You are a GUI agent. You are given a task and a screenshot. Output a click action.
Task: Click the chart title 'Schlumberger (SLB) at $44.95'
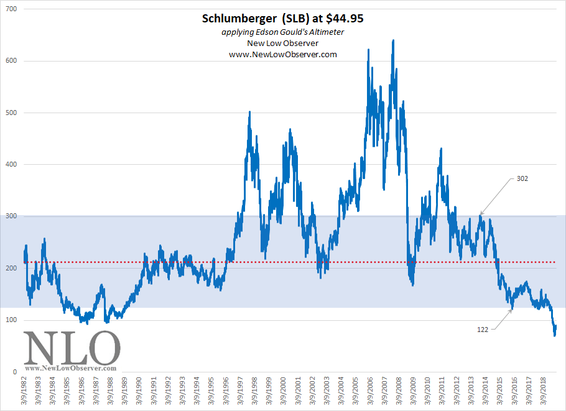283,19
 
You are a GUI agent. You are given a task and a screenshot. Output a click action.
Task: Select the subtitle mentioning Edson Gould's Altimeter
283,32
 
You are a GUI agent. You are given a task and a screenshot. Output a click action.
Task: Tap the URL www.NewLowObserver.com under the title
283,54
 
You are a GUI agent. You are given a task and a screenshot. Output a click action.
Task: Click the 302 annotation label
523,178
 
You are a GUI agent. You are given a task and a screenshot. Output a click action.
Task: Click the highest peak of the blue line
393,40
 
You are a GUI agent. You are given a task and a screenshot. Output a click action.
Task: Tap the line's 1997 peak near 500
249,112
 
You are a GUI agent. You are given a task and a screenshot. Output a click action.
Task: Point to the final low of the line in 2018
554,335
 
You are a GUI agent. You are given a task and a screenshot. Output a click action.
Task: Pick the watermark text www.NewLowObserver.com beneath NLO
72,368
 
